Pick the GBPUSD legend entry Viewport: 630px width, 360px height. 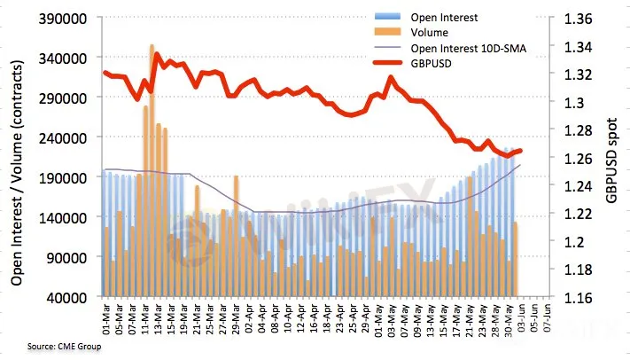coord(436,65)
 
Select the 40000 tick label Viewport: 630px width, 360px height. coord(70,297)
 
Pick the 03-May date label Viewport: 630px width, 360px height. coord(390,317)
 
